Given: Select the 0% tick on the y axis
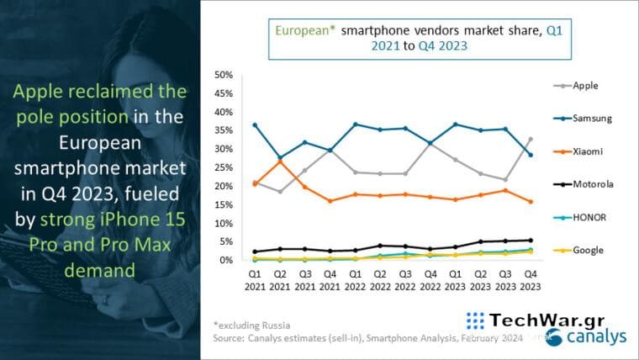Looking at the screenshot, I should coord(224,261).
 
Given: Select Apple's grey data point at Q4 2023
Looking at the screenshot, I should coord(530,139).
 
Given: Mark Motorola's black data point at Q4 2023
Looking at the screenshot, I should coord(530,241).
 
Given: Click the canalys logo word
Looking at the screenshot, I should coord(597,338).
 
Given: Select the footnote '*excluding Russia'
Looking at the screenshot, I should coord(251,324).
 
